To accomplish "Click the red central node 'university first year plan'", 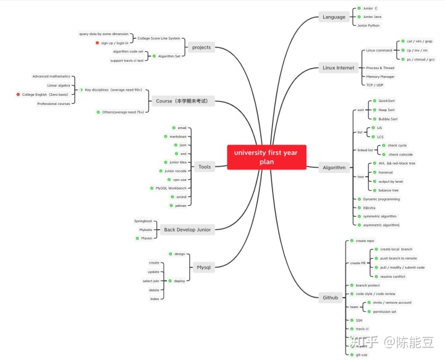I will [x=266, y=157].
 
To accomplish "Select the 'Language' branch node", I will [x=334, y=17].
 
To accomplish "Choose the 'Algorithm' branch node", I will [x=334, y=167].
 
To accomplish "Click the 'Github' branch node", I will [x=330, y=298].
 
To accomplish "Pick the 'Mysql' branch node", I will [x=203, y=267].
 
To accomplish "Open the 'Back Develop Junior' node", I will [x=187, y=230].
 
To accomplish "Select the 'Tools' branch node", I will [x=205, y=167].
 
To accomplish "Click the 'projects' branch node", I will [x=201, y=47].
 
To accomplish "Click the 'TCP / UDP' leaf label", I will [x=375, y=85].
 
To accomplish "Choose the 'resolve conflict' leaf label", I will [x=393, y=276].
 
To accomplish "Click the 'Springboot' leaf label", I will [x=143, y=220].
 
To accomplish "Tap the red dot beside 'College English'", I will [x=18, y=94].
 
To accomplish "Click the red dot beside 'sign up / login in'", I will [x=97, y=43].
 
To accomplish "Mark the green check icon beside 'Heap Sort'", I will [x=374, y=109].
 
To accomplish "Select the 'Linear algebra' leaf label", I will [x=59, y=85].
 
